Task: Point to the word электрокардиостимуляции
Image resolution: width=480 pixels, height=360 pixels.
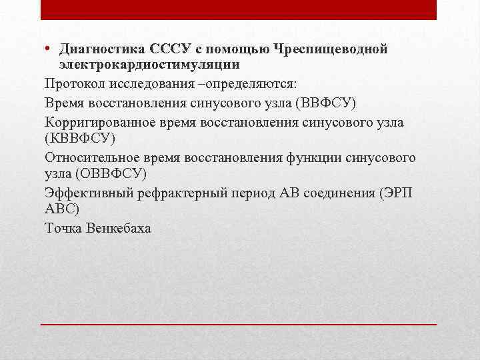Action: pyautogui.click(x=149, y=65)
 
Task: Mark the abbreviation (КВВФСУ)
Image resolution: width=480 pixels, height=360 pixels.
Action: pyautogui.click(x=80, y=139)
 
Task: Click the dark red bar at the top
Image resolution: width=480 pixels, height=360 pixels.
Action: pyautogui.click(x=239, y=9)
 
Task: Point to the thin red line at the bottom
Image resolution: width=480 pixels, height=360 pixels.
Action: pyautogui.click(x=239, y=323)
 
